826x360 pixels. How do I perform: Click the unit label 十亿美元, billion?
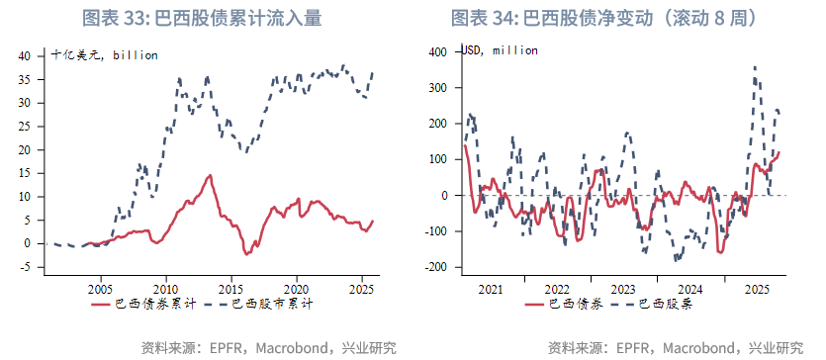coord(105,55)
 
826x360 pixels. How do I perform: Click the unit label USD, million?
coord(501,50)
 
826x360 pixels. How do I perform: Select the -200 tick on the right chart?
coord(436,267)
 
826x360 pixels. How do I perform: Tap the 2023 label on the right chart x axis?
coord(624,288)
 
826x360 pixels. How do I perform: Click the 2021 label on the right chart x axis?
coord(492,288)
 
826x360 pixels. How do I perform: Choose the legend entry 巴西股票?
coord(665,306)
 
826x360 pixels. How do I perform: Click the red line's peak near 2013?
coord(210,176)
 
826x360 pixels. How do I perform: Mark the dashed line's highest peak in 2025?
coord(756,67)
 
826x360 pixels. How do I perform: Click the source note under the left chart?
coord(269,347)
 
